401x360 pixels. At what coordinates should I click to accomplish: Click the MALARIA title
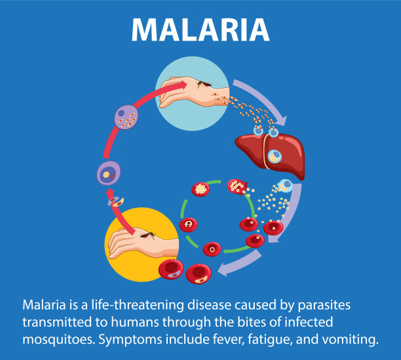(x=200, y=30)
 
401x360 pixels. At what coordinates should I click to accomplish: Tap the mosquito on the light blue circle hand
(x=204, y=84)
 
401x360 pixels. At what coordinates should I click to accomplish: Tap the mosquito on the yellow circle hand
(x=148, y=235)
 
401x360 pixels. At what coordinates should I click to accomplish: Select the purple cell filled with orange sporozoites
(x=126, y=117)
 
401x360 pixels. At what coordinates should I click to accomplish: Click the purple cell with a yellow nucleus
(x=109, y=173)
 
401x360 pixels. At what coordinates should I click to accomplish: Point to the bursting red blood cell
(x=238, y=186)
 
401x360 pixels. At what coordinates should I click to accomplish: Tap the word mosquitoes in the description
(x=59, y=340)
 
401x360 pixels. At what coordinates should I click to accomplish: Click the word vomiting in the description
(x=350, y=340)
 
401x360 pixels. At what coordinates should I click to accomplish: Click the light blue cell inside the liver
(x=275, y=156)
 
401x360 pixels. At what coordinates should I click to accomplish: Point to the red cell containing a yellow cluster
(x=200, y=190)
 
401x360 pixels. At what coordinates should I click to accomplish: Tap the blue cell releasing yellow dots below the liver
(x=284, y=186)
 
